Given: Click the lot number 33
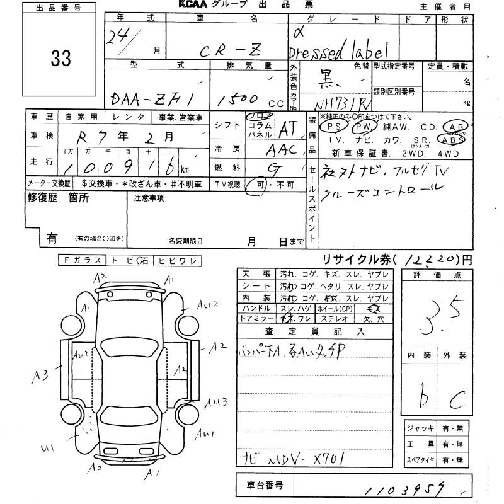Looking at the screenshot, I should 57,59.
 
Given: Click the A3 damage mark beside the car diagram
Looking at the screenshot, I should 43,376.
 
